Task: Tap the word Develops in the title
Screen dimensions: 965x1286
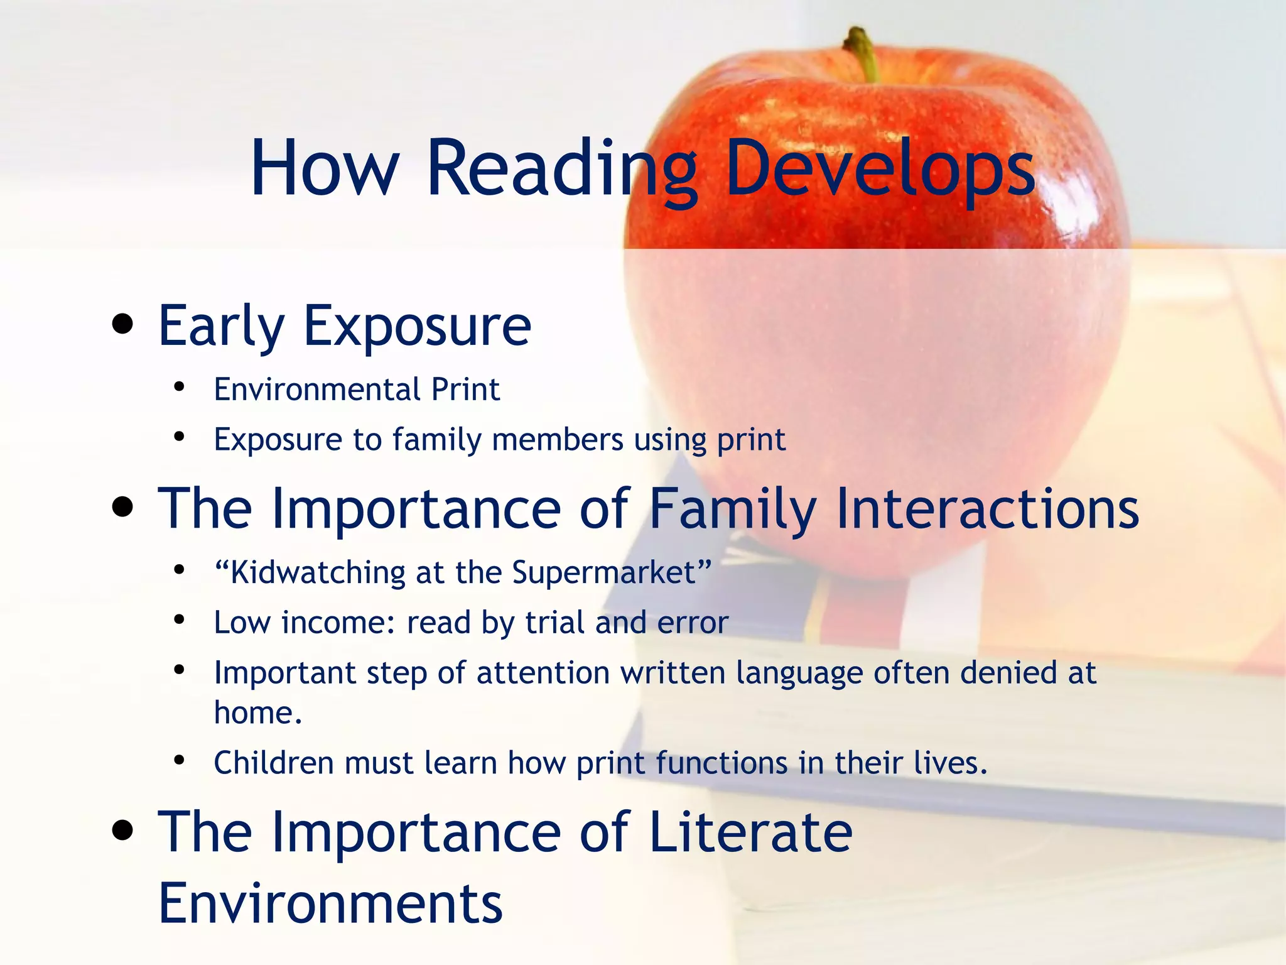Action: coord(879,168)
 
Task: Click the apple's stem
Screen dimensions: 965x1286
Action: coord(862,53)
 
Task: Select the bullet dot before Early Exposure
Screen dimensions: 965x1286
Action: coord(123,325)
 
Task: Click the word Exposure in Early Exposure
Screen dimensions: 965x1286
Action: coord(417,326)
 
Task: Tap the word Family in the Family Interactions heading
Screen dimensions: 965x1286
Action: coord(732,508)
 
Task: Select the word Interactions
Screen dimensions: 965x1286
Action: coord(987,508)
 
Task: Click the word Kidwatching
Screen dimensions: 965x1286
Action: coord(318,572)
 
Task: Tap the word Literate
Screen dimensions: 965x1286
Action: coord(750,832)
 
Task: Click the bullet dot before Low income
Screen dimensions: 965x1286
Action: coord(180,619)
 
